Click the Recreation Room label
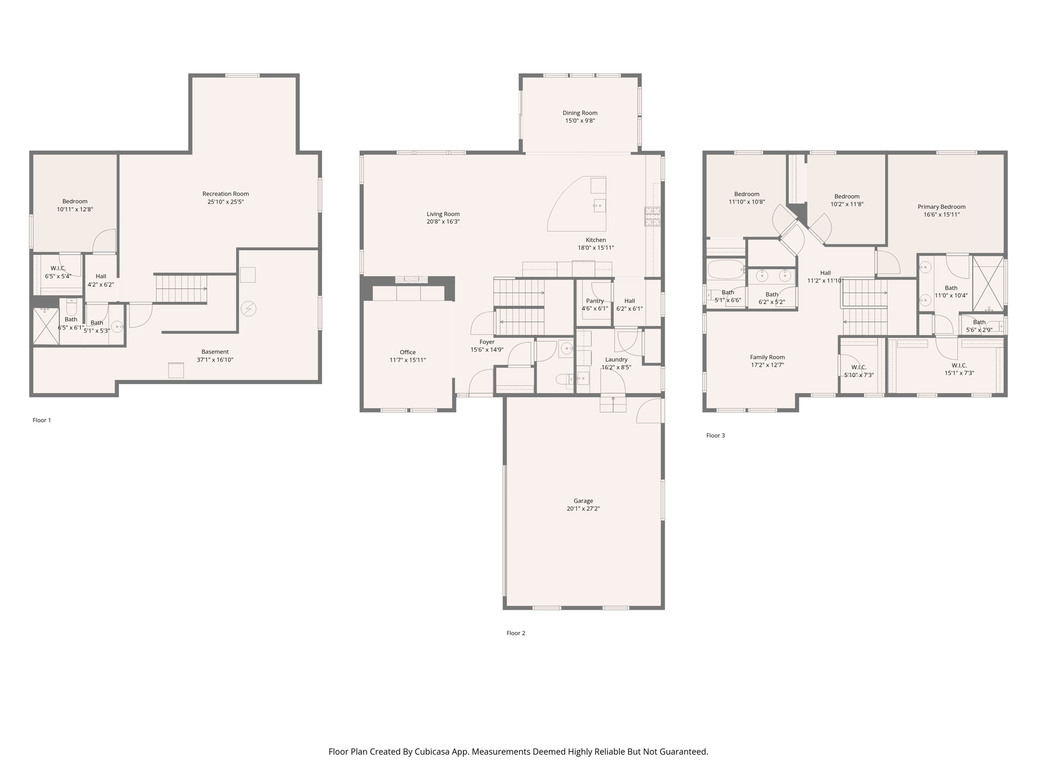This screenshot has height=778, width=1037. [225, 193]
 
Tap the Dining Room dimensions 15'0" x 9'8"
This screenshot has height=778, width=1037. [580, 121]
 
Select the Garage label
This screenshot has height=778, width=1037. [583, 501]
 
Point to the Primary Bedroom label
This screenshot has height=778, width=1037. [941, 207]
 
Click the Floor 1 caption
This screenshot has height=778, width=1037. [42, 420]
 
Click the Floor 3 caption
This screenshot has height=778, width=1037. [715, 436]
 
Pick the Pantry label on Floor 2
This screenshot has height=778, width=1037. [595, 301]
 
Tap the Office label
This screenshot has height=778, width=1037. [408, 352]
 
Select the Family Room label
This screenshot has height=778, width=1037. [767, 357]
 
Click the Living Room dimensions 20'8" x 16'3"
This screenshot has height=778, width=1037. [443, 222]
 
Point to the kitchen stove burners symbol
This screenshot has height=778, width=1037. [652, 216]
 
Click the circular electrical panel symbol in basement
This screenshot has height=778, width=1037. [248, 308]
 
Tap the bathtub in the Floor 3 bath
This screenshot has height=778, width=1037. [726, 269]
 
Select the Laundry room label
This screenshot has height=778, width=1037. [616, 360]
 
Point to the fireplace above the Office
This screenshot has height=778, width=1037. [411, 280]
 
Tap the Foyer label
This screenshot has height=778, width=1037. [487, 342]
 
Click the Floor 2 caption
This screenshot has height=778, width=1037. [515, 633]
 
